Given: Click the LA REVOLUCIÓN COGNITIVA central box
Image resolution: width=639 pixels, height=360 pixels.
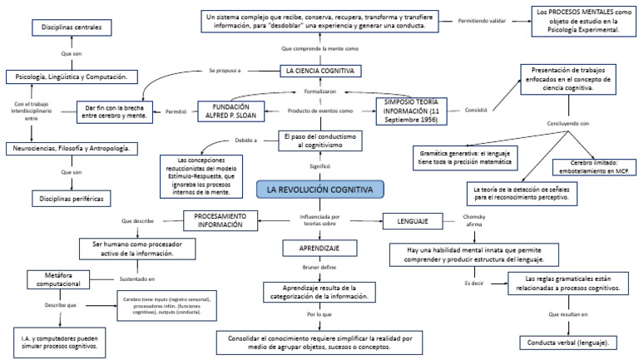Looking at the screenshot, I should [319, 190].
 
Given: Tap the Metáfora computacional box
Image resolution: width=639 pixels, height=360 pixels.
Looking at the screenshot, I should [65, 279].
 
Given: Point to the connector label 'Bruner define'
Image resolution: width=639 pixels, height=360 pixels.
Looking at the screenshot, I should [319, 269].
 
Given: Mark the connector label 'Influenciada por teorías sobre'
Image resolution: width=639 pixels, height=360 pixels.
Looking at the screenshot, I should [319, 221].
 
